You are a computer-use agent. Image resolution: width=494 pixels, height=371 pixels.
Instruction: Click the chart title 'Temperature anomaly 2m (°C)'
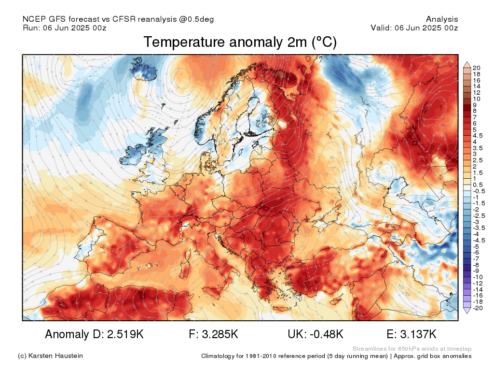(x=240, y=43)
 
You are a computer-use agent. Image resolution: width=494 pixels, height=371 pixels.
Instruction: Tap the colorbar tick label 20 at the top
(x=477, y=68)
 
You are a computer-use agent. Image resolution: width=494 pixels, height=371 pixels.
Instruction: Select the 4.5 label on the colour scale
(x=478, y=136)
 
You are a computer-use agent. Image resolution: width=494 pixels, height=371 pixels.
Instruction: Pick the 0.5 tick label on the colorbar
(x=478, y=185)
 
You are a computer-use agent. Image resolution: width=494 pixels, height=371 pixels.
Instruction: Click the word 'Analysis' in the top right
(x=442, y=19)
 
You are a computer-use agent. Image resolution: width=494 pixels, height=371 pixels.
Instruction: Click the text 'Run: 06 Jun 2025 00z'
(x=64, y=28)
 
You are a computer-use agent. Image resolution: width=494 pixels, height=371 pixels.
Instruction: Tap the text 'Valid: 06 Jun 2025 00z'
(x=414, y=28)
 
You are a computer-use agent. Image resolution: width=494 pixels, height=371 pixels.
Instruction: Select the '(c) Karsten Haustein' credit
(x=50, y=356)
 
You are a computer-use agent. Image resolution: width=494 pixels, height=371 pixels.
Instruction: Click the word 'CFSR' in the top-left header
(x=124, y=19)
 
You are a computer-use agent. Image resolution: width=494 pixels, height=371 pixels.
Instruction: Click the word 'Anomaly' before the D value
(x=66, y=334)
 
